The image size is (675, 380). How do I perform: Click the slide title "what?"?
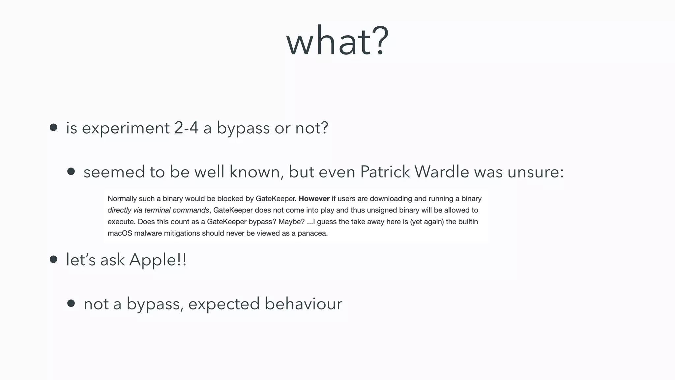pyautogui.click(x=337, y=41)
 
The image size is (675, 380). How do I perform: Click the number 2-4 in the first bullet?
pyautogui.click(x=186, y=128)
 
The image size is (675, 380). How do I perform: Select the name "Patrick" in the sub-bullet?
pyautogui.click(x=385, y=172)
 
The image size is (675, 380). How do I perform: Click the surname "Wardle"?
pyautogui.click(x=441, y=172)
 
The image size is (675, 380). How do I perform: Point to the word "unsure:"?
pyautogui.click(x=536, y=172)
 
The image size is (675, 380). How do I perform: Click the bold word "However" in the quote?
pyautogui.click(x=314, y=199)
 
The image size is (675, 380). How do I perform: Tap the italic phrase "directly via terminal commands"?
pyautogui.click(x=158, y=210)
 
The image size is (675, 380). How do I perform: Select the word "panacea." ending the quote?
pyautogui.click(x=312, y=234)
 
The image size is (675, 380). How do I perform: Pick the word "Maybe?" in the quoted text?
pyautogui.click(x=291, y=222)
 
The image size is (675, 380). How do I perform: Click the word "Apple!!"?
pyautogui.click(x=158, y=260)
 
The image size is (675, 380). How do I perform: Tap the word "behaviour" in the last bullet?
pyautogui.click(x=304, y=303)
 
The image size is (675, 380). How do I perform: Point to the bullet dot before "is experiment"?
pyautogui.click(x=53, y=127)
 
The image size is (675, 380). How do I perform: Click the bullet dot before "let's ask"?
pyautogui.click(x=53, y=259)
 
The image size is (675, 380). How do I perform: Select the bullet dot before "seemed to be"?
pyautogui.click(x=71, y=172)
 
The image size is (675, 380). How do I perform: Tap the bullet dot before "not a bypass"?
pyautogui.click(x=71, y=303)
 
